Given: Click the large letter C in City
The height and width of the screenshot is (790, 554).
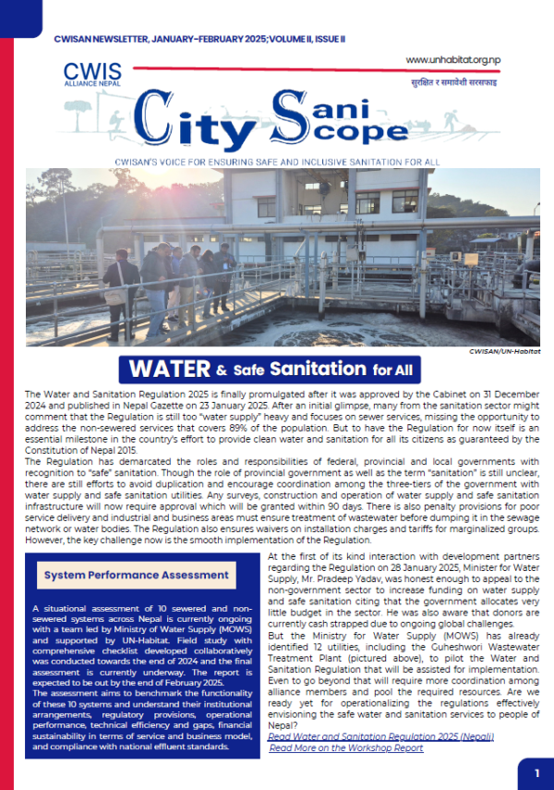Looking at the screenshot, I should point(160,123).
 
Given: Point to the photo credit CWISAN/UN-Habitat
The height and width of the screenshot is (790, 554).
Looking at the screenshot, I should point(507,351).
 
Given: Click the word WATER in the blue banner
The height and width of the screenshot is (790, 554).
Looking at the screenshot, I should point(171,370).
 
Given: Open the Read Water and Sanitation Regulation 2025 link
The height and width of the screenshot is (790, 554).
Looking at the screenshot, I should point(381,735).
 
